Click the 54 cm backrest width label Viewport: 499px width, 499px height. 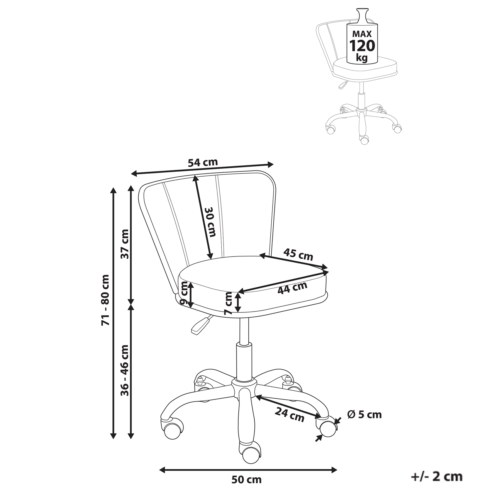point(203,162)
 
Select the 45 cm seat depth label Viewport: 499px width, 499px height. point(298,254)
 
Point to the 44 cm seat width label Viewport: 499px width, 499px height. point(292,287)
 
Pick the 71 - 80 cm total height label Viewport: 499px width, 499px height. point(105,300)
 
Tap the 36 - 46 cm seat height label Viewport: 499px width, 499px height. point(125,370)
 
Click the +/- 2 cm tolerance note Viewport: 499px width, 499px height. point(437,476)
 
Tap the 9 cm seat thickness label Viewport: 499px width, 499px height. point(184,293)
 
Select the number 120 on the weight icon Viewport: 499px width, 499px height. point(362,46)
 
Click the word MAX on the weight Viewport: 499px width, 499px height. point(362,34)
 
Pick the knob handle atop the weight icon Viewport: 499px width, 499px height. point(362,16)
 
